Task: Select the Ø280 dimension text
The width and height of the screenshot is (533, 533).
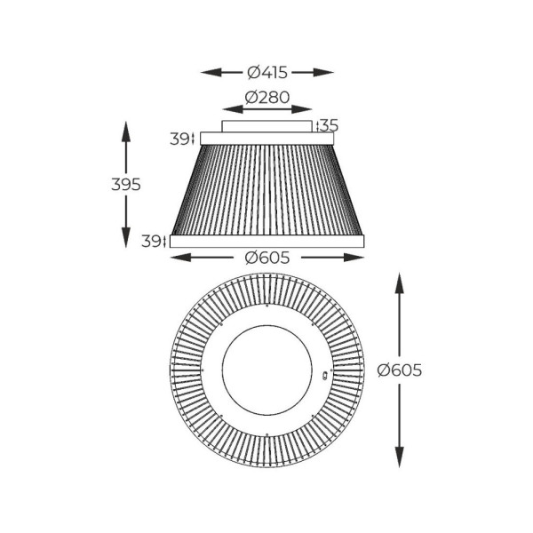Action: point(267,99)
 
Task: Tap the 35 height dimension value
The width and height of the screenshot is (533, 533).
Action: point(329,125)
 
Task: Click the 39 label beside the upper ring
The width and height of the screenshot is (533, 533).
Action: point(180,139)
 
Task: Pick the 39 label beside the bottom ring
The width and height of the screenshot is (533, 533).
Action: point(152,241)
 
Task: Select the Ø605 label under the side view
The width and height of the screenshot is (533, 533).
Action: point(267,258)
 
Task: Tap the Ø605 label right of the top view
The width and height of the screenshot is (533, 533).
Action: point(399,370)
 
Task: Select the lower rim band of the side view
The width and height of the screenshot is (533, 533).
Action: point(267,241)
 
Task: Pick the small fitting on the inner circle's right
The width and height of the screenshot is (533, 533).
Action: point(324,376)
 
